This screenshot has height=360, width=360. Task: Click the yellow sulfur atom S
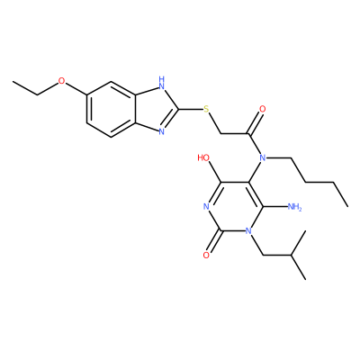[206, 109]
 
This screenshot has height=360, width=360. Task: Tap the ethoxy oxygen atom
[61, 81]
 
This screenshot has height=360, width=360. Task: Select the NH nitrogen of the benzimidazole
[162, 83]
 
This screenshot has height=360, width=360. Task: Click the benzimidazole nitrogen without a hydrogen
[162, 131]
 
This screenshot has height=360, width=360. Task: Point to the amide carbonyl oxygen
[263, 109]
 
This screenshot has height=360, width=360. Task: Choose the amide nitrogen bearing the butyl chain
[263, 157]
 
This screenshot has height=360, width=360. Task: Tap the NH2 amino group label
[294, 206]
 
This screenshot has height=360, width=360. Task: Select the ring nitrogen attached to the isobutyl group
[248, 230]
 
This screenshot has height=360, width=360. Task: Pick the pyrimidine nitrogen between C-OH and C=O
[206, 206]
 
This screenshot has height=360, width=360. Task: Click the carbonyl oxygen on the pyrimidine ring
[206, 256]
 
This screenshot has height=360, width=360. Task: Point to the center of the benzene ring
[112, 109]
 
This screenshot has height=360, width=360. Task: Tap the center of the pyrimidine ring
[234, 206]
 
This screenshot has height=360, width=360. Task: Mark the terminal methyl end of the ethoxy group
[13, 82]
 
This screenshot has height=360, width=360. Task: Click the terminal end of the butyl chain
[347, 206]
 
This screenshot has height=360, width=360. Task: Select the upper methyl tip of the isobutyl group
[305, 231]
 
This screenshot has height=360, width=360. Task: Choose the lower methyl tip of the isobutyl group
[305, 280]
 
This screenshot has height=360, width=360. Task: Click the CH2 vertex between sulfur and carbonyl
[220, 133]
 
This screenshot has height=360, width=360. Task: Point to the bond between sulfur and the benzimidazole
[191, 109]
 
